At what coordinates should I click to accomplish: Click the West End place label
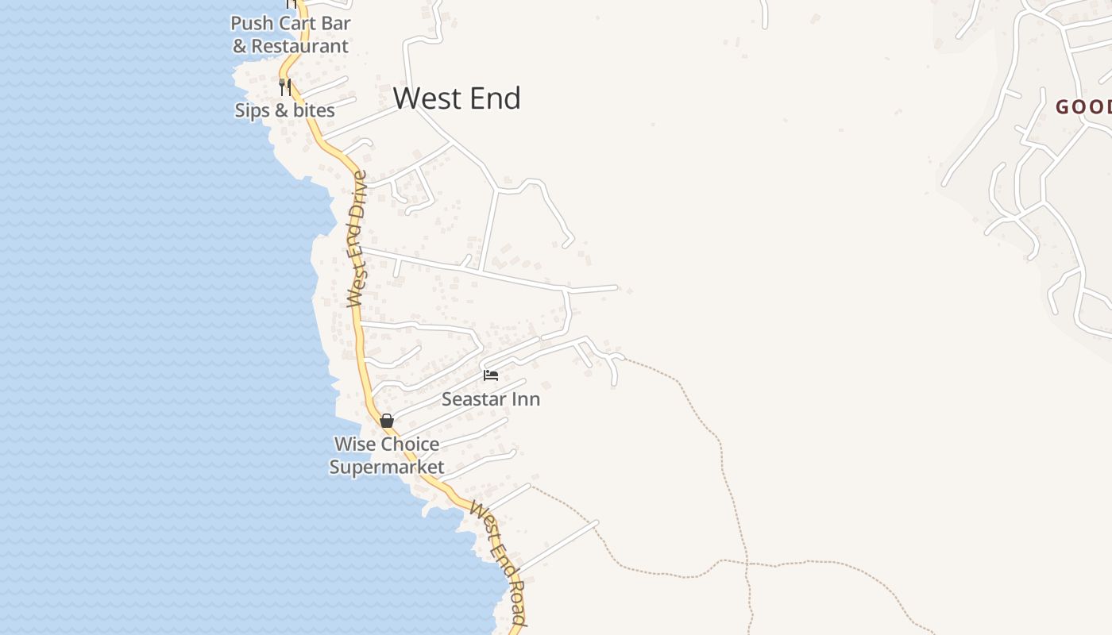tap(457, 98)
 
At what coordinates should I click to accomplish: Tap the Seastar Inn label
tap(490, 399)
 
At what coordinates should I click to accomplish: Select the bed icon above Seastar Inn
tap(491, 375)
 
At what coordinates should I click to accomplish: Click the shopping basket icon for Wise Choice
tap(387, 421)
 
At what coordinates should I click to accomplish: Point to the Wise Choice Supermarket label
tap(387, 456)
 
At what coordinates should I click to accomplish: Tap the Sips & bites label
tap(284, 110)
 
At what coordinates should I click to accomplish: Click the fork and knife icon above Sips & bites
tap(285, 87)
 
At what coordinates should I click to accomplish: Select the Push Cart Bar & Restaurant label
tap(291, 35)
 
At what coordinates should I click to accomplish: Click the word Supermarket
tap(387, 468)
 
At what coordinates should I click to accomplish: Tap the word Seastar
tap(473, 399)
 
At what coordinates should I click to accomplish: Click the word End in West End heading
tap(492, 98)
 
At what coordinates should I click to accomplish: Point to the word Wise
tap(354, 444)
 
